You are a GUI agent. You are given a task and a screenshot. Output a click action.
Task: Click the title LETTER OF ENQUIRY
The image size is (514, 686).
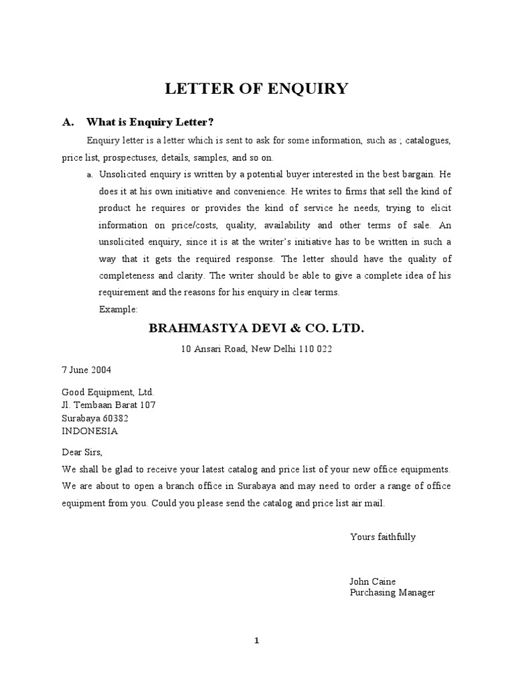[257, 88]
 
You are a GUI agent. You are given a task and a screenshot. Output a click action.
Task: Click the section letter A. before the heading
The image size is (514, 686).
[67, 122]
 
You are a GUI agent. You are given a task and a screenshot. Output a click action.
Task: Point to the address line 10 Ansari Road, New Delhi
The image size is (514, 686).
[256, 349]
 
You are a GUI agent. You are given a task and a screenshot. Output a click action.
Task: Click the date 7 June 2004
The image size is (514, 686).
[86, 370]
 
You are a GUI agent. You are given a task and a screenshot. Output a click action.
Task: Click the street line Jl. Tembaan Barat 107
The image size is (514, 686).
[109, 405]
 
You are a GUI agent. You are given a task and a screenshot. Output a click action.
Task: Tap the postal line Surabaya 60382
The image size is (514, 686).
[95, 418]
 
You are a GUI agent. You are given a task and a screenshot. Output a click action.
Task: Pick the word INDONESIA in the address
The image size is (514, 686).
[90, 431]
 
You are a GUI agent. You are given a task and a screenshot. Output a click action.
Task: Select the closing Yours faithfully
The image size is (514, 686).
[382, 537]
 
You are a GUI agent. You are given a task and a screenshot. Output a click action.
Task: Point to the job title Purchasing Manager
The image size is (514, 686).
[392, 593]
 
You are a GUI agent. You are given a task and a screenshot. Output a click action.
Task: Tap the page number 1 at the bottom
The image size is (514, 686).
[256, 641]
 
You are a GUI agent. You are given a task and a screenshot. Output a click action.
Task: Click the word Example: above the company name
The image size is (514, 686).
[118, 310]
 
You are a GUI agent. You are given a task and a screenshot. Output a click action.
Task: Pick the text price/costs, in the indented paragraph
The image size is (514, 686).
[189, 225]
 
